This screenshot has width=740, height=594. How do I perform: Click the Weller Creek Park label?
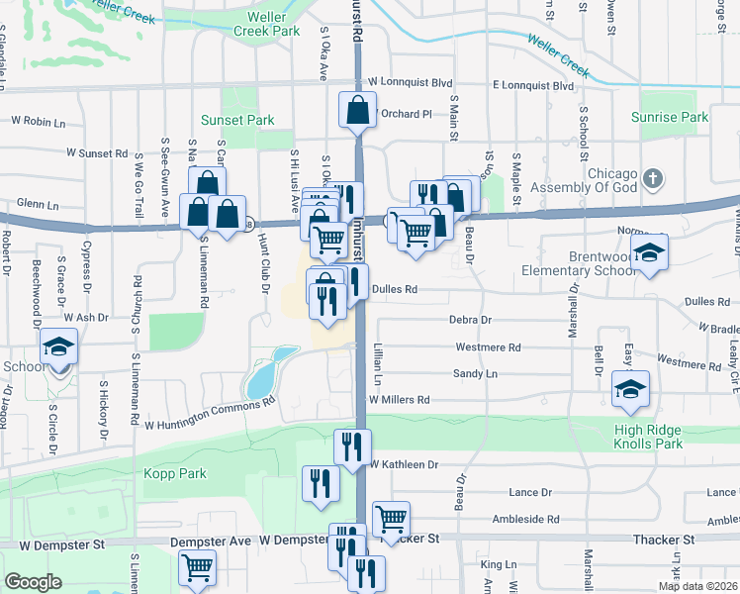(x=266, y=24)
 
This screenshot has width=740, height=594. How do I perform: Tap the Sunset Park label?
(x=236, y=120)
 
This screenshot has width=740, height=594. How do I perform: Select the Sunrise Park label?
(x=670, y=117)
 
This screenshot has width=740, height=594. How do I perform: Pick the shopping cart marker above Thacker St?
(x=392, y=519)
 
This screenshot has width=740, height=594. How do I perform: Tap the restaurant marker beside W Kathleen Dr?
(x=352, y=447)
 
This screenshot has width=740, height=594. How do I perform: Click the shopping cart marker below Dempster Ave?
(x=198, y=568)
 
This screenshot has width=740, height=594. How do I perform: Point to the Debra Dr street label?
(x=470, y=320)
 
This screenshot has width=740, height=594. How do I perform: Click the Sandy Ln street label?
(x=475, y=374)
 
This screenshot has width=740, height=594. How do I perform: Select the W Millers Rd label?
(x=399, y=400)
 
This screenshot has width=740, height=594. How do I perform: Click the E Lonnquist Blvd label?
(x=533, y=86)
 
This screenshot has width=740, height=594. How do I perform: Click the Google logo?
(x=33, y=582)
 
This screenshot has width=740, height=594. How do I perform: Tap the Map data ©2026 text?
(x=697, y=586)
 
